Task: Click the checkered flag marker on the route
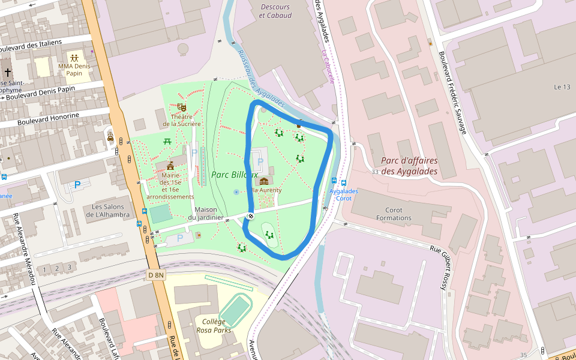tap(250, 216)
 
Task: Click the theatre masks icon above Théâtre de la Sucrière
tap(182, 107)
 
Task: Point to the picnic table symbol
tap(167, 141)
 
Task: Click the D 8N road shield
tap(155, 275)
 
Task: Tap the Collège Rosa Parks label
tap(214, 326)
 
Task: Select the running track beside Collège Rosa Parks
tap(235, 310)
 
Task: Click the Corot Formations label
tap(394, 214)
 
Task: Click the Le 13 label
tap(562, 87)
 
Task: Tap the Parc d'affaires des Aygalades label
tap(409, 166)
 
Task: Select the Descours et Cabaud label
tap(275, 11)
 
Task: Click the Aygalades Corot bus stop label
tap(344, 194)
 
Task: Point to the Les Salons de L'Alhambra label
tap(107, 211)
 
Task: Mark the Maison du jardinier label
tap(205, 213)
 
